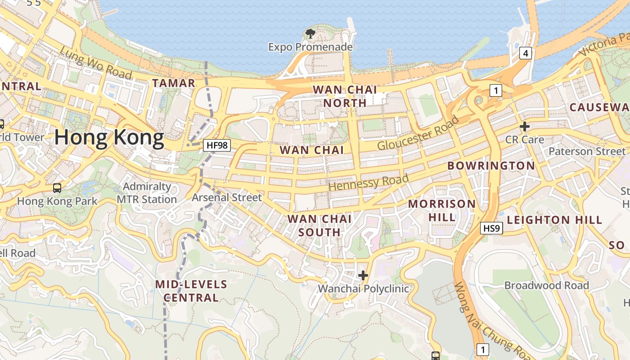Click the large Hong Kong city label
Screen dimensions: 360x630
109,137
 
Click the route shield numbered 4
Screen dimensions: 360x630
525,54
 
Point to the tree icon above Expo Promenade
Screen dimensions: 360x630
310,33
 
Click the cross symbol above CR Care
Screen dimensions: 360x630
524,126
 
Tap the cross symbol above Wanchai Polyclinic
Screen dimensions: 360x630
363,275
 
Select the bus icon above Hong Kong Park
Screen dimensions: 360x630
57,188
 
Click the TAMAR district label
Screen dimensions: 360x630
174,83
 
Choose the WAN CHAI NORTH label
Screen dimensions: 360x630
345,96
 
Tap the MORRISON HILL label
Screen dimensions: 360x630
441,210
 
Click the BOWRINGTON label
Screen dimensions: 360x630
491,166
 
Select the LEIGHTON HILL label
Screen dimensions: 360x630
554,220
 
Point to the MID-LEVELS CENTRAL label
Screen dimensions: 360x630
191,291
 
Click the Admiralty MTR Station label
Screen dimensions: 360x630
147,193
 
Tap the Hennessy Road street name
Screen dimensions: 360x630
369,182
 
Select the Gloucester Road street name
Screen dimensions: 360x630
418,133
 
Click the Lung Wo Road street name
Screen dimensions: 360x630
95,63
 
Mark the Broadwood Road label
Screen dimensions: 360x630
546,285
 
